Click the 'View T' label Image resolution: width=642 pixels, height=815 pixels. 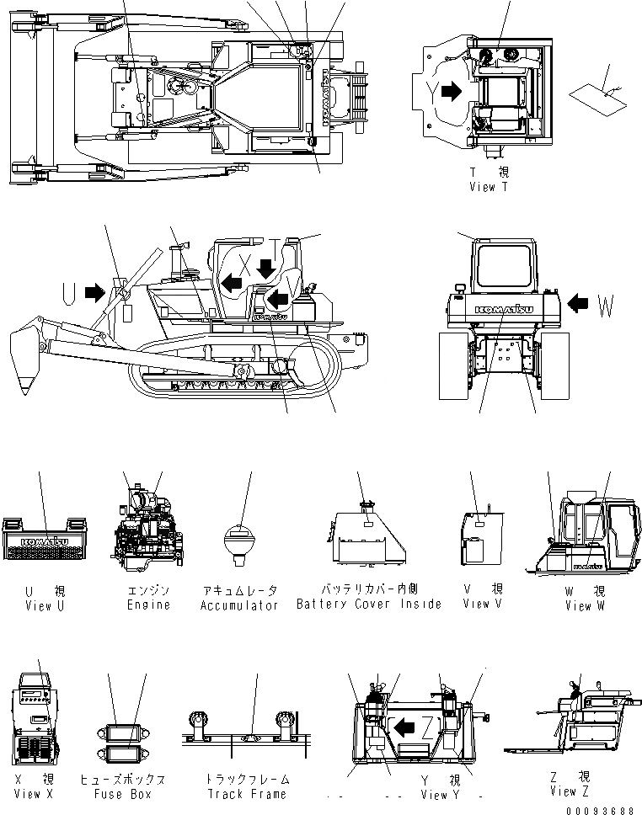coord(489,187)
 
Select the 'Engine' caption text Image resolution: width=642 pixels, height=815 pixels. coord(148,605)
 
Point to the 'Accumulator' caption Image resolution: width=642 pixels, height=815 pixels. coord(239,605)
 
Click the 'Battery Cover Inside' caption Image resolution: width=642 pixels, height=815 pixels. coord(368,604)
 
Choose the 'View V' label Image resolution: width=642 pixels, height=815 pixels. coord(483,603)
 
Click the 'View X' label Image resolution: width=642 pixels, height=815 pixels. coord(39,793)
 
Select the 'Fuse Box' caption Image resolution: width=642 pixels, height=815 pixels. coord(123,793)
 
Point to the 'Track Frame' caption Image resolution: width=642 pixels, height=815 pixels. coord(247,793)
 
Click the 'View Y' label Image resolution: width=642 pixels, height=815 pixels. coord(441,794)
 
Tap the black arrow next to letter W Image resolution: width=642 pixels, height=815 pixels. coord(580,301)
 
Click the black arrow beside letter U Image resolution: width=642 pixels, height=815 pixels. coord(94,293)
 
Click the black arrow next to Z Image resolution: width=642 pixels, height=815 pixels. coord(406,725)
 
